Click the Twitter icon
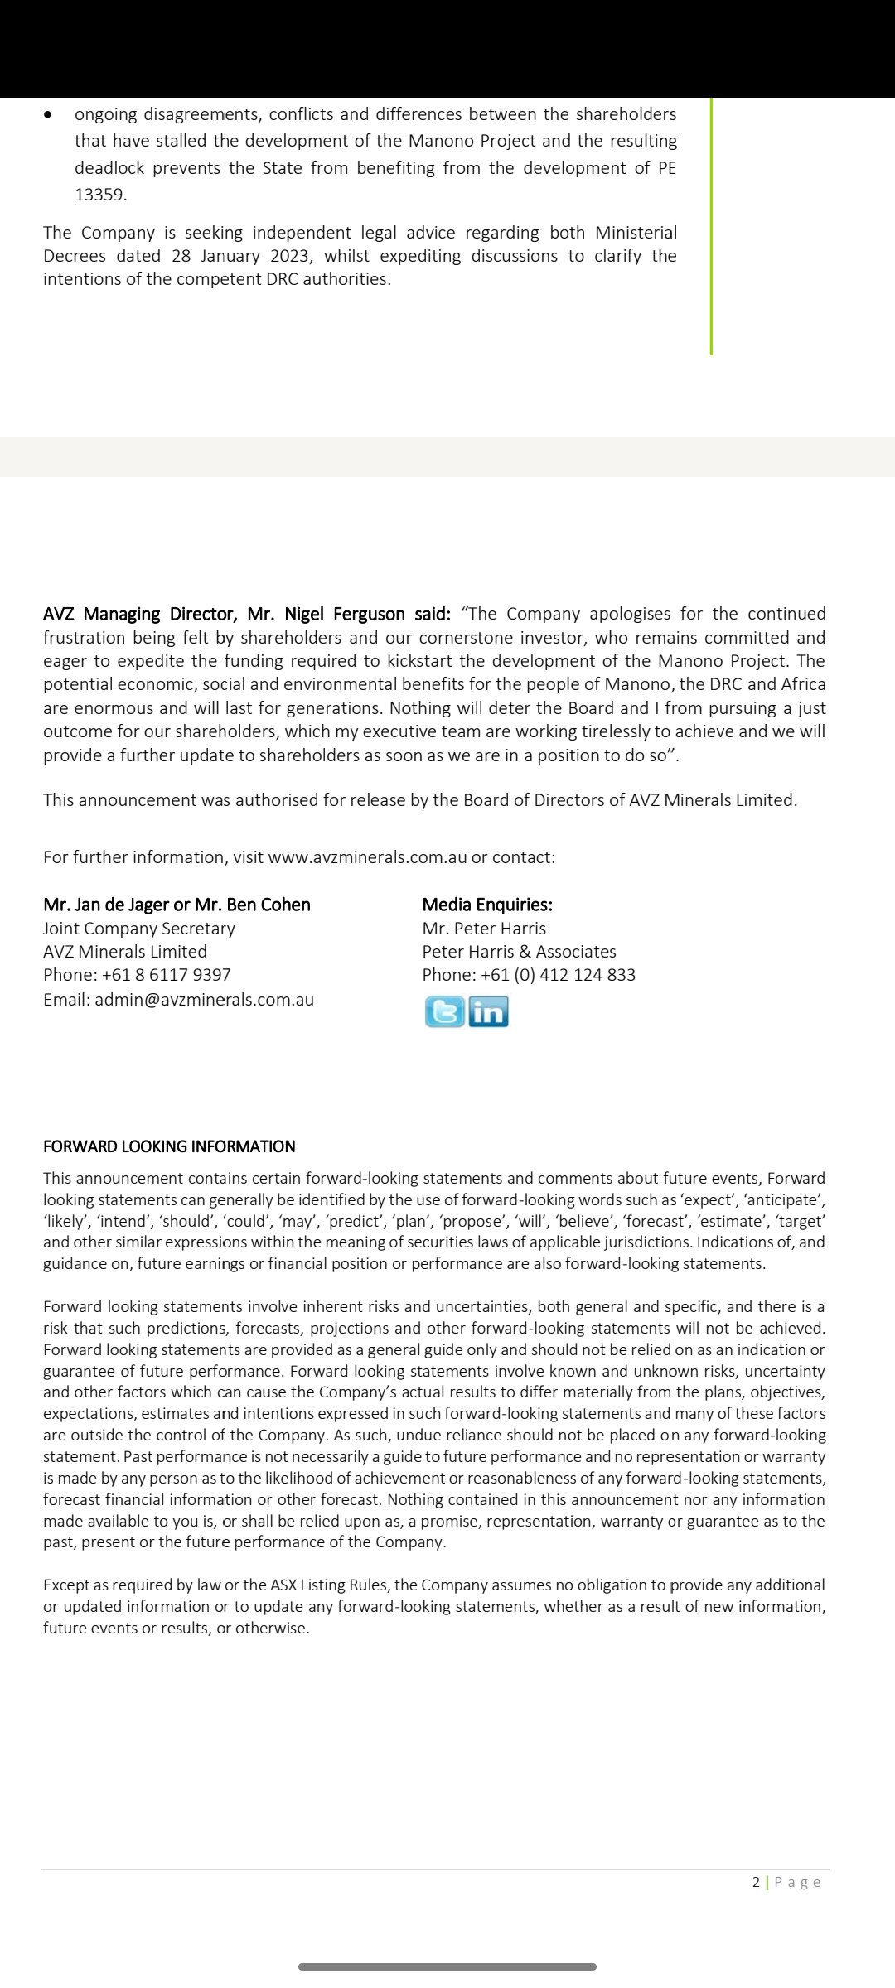pos(445,1012)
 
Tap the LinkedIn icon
pos(489,1012)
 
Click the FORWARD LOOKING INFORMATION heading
pos(169,1146)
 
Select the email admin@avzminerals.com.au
pos(205,1000)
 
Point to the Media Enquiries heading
pos(487,905)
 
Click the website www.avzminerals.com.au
pos(368,857)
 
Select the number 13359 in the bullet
pos(100,195)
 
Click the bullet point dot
pos(49,114)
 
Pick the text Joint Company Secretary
pos(139,929)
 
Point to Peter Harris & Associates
pos(519,952)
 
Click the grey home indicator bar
pos(447,1966)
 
